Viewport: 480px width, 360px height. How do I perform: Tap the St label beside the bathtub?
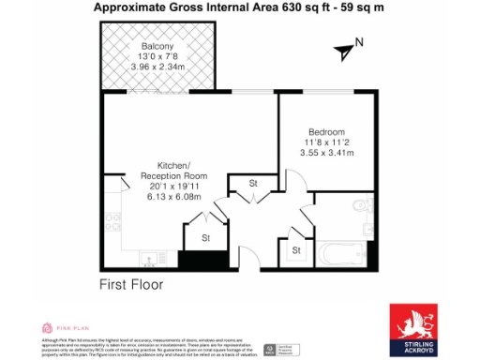point(296,250)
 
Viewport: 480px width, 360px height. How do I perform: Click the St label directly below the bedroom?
point(253,183)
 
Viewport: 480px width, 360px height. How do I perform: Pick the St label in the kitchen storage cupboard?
point(206,239)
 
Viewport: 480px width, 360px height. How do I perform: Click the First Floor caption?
point(131,283)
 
